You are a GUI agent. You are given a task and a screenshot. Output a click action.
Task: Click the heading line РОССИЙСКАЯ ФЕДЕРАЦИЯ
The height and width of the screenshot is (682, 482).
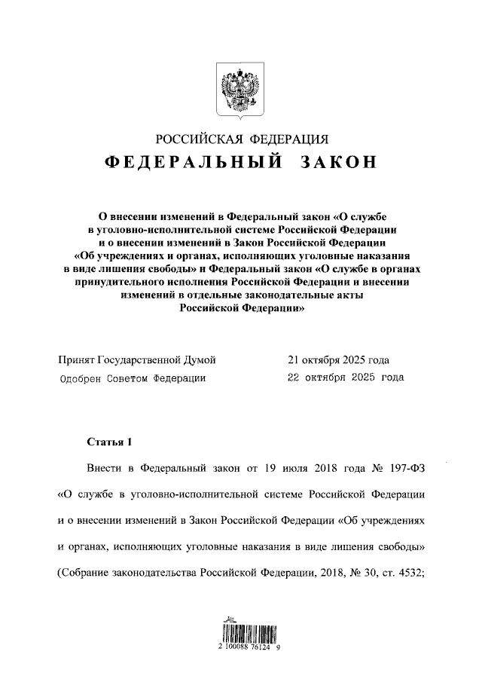[x=241, y=139]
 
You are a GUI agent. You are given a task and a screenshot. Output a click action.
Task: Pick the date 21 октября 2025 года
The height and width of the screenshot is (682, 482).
[x=338, y=360]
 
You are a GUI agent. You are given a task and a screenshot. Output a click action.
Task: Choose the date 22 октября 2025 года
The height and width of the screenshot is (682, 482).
[x=346, y=378]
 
